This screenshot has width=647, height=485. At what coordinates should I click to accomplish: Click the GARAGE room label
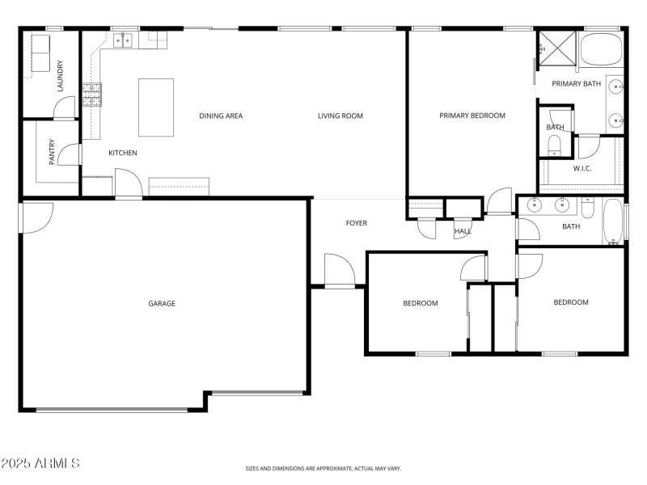tap(162, 304)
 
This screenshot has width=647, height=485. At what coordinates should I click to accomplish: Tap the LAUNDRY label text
tap(60, 77)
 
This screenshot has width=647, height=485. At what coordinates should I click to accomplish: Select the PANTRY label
tap(52, 152)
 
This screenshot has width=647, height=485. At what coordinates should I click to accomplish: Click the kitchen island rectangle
tap(156, 108)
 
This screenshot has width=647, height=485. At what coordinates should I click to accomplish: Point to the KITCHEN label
tap(123, 153)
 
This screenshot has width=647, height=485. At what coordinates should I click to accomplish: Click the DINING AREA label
tap(221, 116)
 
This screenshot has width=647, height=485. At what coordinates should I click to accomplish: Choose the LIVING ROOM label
tap(340, 116)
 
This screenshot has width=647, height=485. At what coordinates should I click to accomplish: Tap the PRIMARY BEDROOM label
tap(472, 116)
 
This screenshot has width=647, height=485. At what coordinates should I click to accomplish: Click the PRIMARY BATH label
tap(576, 83)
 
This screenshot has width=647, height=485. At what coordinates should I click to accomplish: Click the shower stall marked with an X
tap(557, 47)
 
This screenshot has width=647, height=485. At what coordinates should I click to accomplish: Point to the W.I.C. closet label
tap(583, 168)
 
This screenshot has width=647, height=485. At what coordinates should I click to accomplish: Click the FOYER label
tap(357, 223)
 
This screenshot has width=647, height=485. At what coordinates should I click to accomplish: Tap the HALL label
tap(463, 231)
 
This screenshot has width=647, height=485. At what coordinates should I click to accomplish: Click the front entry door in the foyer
tap(339, 272)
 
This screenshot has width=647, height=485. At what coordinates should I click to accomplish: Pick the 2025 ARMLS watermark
tap(40, 463)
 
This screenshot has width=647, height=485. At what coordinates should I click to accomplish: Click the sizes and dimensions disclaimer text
tap(323, 468)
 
